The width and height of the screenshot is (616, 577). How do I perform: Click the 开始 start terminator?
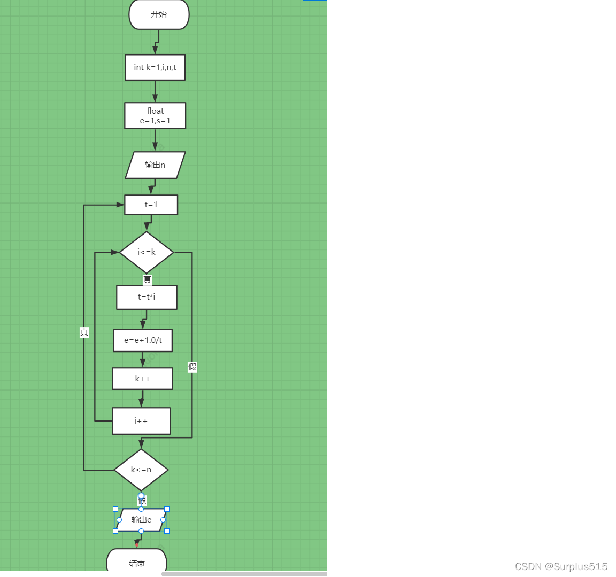tap(159, 14)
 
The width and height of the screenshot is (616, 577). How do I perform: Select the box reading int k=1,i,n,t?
tap(155, 67)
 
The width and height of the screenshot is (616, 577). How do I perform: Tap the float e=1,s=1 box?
tap(155, 116)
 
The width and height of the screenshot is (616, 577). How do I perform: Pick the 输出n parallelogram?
tap(155, 165)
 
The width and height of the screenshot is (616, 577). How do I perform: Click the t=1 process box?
tap(151, 205)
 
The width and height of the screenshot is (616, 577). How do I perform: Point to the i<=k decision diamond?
tap(147, 252)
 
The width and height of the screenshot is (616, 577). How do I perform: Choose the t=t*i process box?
tap(147, 297)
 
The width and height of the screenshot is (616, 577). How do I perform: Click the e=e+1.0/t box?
tap(143, 340)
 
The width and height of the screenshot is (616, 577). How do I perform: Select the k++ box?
tap(142, 379)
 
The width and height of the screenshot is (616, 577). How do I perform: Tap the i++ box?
tap(141, 421)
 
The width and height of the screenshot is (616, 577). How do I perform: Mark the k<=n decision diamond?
tap(141, 470)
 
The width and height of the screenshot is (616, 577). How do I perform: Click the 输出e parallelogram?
tap(141, 520)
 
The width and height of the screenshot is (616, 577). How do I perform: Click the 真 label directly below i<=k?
tap(147, 279)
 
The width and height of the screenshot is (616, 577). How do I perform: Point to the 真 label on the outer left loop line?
tap(84, 332)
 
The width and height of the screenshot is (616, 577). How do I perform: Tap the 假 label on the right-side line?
tap(192, 367)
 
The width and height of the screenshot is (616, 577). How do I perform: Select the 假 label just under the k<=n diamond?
tap(142, 501)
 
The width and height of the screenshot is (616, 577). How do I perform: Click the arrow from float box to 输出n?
tap(155, 141)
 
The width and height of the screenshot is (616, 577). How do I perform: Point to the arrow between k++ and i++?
tap(142, 399)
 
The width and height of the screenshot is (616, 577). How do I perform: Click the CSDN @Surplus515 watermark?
tap(561, 566)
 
